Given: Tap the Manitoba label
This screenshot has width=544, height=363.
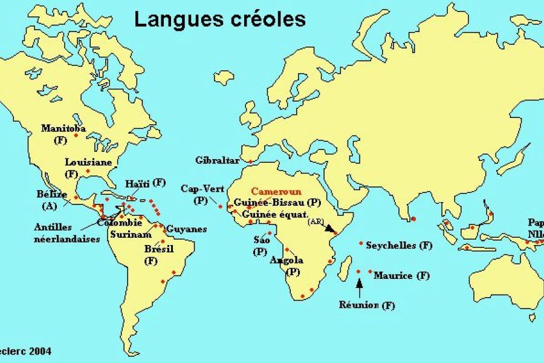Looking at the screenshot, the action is [x=63, y=128].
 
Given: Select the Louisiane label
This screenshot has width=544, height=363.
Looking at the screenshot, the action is [x=89, y=162].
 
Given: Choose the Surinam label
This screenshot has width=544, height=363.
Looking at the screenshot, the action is [x=131, y=235].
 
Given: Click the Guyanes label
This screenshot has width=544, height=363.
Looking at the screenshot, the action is [x=187, y=229].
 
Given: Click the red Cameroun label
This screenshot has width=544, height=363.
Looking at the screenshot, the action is [x=276, y=191].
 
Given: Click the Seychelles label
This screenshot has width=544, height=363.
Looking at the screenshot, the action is [x=399, y=245].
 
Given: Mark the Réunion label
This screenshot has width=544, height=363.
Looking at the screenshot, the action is [x=367, y=305].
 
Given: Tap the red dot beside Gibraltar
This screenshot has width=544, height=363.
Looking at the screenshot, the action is [x=251, y=162].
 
